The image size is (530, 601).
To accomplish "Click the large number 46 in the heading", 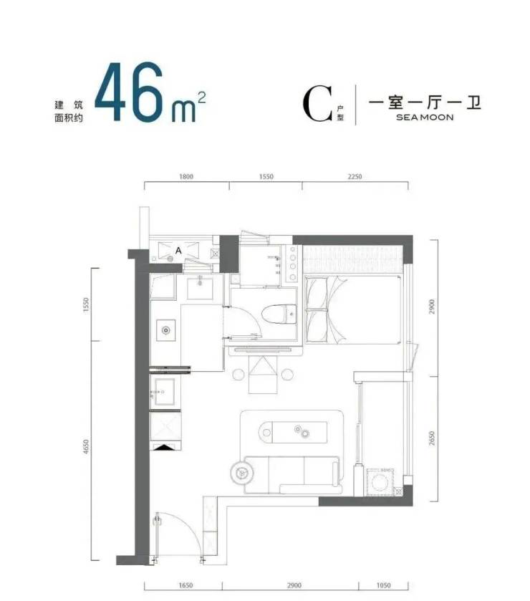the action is point(129,92).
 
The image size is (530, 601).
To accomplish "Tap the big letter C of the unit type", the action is point(317,104).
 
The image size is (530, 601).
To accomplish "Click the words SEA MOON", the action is point(425,117).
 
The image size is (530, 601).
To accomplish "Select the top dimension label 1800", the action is point(186,177).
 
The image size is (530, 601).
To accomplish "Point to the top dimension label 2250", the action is point(355,177).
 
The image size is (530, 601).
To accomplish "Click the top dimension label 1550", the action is point(266,177).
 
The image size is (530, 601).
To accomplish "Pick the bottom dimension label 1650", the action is point(185,585).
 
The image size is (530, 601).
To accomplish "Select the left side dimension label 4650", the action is point(86,446).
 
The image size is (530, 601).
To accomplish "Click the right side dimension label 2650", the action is point(432,438).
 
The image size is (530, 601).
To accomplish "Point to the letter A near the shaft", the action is point(178,251).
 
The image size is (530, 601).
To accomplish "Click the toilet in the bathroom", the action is point(279,314).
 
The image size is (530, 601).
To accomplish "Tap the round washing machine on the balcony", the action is point(380,481).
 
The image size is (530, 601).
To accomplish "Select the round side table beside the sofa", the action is point(241,473).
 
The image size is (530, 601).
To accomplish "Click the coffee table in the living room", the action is point(293,433).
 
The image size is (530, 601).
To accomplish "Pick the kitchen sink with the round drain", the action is point(165,330).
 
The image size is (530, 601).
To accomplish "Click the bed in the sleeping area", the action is point(352,309).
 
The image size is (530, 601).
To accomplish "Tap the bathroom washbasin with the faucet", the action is point(200,288).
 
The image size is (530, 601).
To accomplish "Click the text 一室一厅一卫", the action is point(425,102).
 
